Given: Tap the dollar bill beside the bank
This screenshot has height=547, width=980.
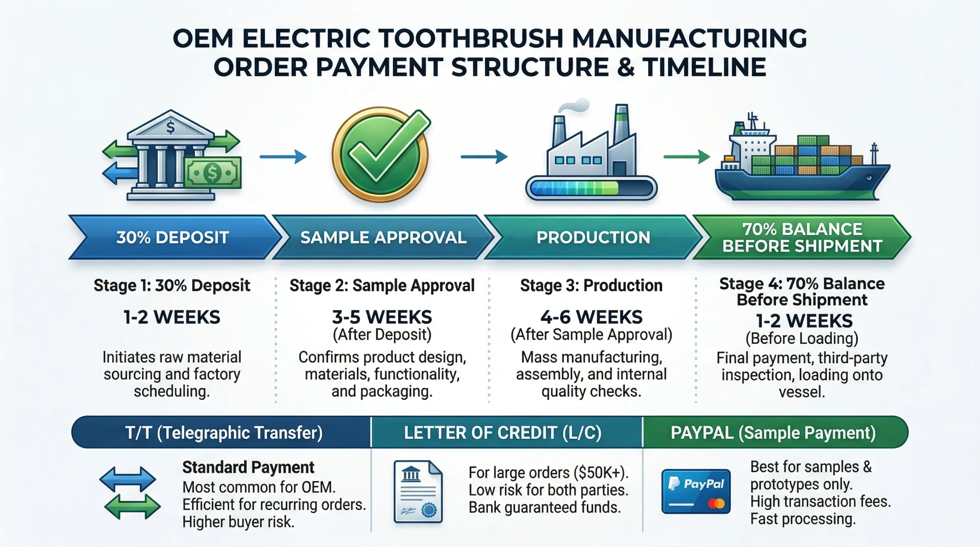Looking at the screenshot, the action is pyautogui.click(x=212, y=173).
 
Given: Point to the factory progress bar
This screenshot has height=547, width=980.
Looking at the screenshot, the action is pyautogui.click(x=591, y=188).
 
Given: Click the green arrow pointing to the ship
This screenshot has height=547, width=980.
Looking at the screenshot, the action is pyautogui.click(x=687, y=157).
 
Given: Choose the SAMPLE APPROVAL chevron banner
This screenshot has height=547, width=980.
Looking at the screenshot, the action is pyautogui.click(x=383, y=237).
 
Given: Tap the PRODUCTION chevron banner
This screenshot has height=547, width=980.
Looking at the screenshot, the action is pyautogui.click(x=593, y=237).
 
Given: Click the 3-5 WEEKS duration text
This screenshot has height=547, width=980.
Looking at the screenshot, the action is pyautogui.click(x=382, y=317).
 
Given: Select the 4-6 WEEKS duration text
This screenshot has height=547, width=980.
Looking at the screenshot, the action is pyautogui.click(x=591, y=317).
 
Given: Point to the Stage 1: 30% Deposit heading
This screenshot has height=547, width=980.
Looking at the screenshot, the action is pyautogui.click(x=172, y=286).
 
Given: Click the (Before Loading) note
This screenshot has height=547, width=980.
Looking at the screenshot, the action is pyautogui.click(x=802, y=339).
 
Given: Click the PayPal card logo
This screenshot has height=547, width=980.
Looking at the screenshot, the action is pyautogui.click(x=696, y=491).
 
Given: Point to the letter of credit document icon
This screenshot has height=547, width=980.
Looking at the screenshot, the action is pyautogui.click(x=418, y=491).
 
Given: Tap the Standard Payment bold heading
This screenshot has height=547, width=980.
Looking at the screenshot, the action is pyautogui.click(x=248, y=467).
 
